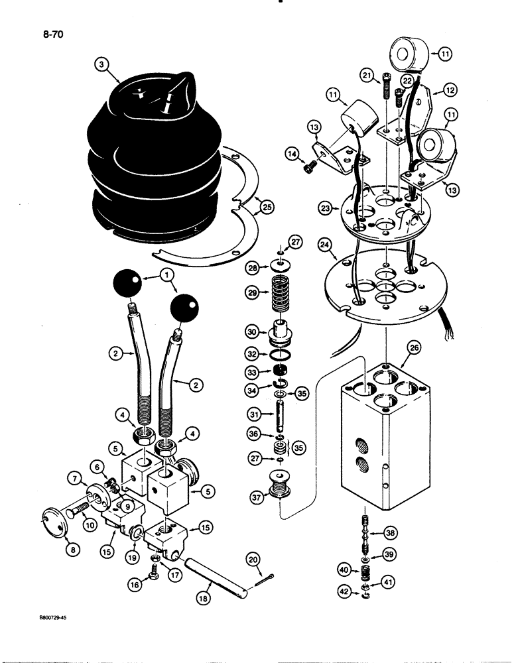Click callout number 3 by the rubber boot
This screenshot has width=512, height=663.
pos(101,65)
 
